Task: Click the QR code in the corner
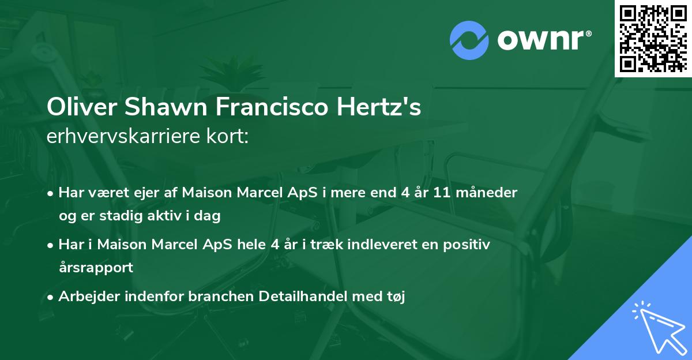pos(653,39)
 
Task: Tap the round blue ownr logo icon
pos(469,40)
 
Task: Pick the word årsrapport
pos(96,268)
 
